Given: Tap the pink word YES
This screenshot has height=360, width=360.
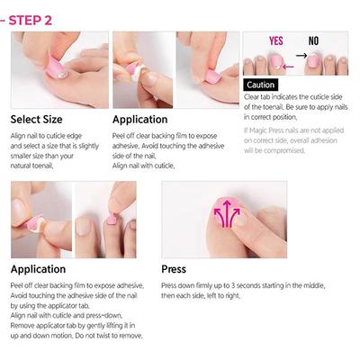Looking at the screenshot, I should click(x=275, y=41).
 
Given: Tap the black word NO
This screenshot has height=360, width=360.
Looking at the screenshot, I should click(x=313, y=41).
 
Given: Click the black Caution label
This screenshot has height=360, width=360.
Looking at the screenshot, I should click(x=260, y=85).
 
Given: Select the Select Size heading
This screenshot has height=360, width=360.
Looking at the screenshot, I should click(x=36, y=119).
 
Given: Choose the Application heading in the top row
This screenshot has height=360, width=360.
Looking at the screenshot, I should click(x=139, y=119).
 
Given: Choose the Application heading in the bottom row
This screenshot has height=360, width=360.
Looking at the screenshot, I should click(x=38, y=268).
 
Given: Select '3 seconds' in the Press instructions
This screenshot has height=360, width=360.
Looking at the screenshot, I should click(x=238, y=284).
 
